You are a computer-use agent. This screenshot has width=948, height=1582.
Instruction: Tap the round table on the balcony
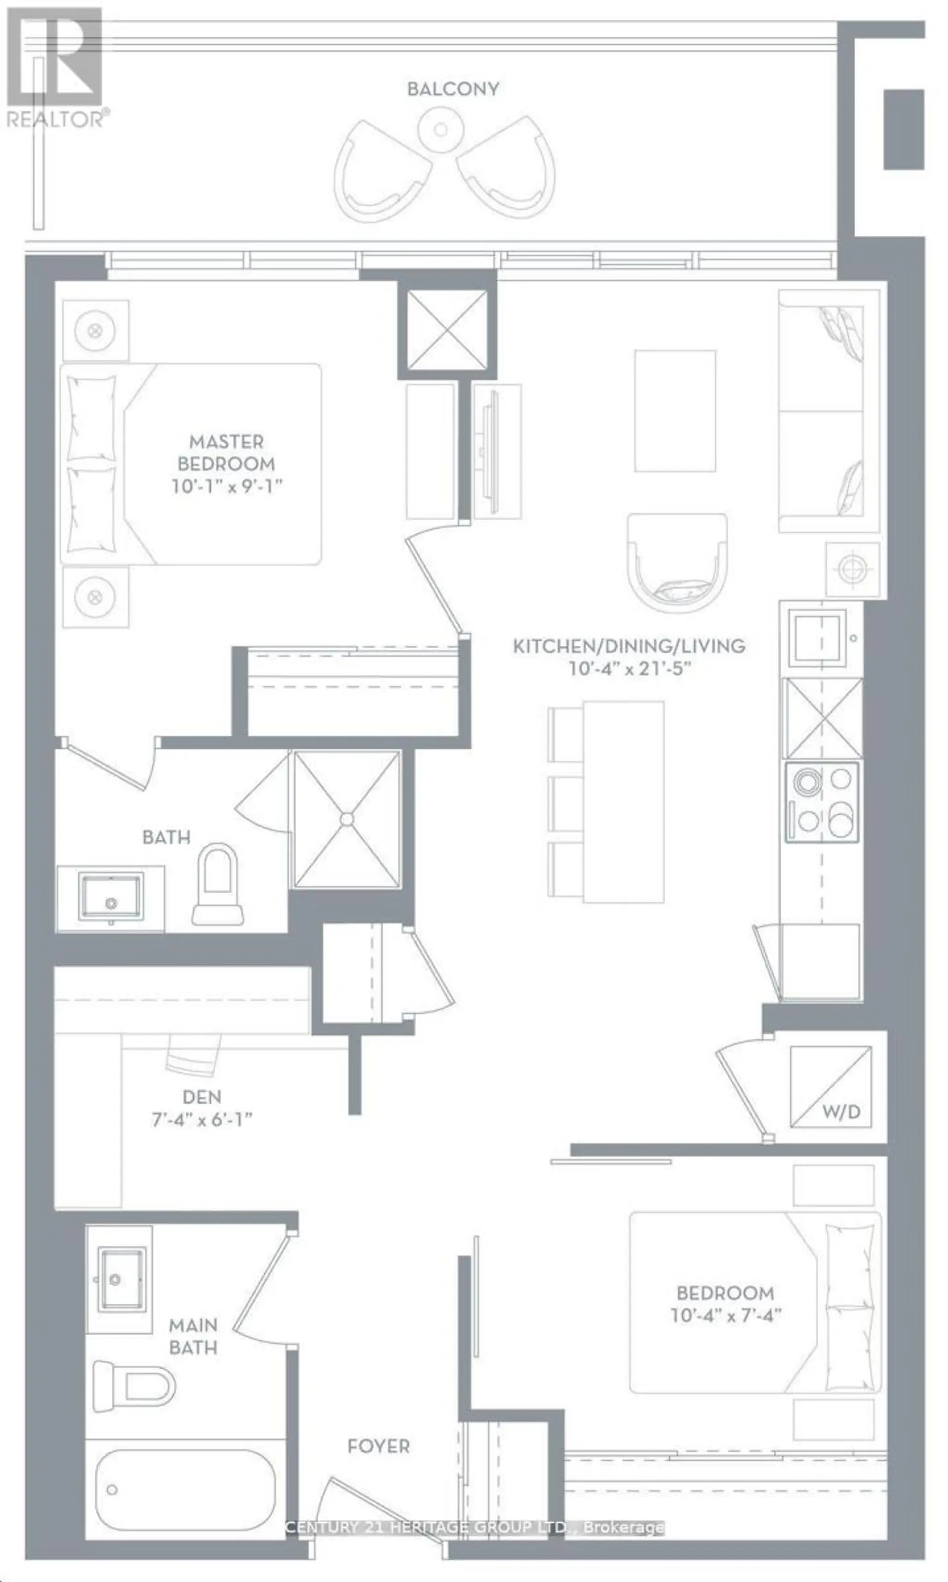click(440, 129)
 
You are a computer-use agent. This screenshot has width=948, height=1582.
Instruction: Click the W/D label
click(841, 1112)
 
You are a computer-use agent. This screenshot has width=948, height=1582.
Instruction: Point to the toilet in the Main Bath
click(134, 1386)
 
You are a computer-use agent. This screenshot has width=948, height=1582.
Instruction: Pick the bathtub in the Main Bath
click(185, 1490)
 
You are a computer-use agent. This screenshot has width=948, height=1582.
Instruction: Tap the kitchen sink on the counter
click(817, 637)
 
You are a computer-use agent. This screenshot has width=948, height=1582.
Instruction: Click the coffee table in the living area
click(675, 411)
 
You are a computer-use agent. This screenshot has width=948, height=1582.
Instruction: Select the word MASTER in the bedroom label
click(226, 441)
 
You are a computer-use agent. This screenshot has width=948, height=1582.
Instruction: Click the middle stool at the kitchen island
click(565, 803)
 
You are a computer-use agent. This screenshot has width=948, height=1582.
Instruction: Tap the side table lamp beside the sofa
click(852, 570)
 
